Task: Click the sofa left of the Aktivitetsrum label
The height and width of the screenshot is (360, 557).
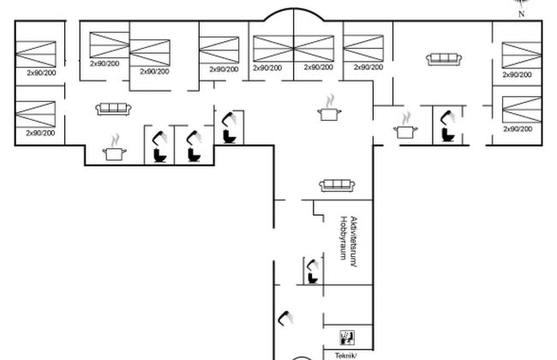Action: click(332, 185)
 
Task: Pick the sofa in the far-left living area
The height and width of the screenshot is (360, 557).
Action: click(112, 109)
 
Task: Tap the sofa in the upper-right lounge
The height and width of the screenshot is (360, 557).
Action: click(444, 59)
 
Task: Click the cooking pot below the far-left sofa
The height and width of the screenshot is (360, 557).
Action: click(113, 152)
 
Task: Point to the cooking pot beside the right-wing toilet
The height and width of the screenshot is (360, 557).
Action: click(404, 131)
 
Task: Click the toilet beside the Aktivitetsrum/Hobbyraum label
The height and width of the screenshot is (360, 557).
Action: click(312, 273)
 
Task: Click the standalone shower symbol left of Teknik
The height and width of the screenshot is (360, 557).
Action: click(286, 318)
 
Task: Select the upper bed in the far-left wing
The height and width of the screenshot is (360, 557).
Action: click(35, 52)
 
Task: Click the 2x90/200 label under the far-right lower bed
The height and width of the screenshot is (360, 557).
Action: click(517, 129)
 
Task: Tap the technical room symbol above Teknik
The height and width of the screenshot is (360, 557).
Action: click(346, 335)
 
